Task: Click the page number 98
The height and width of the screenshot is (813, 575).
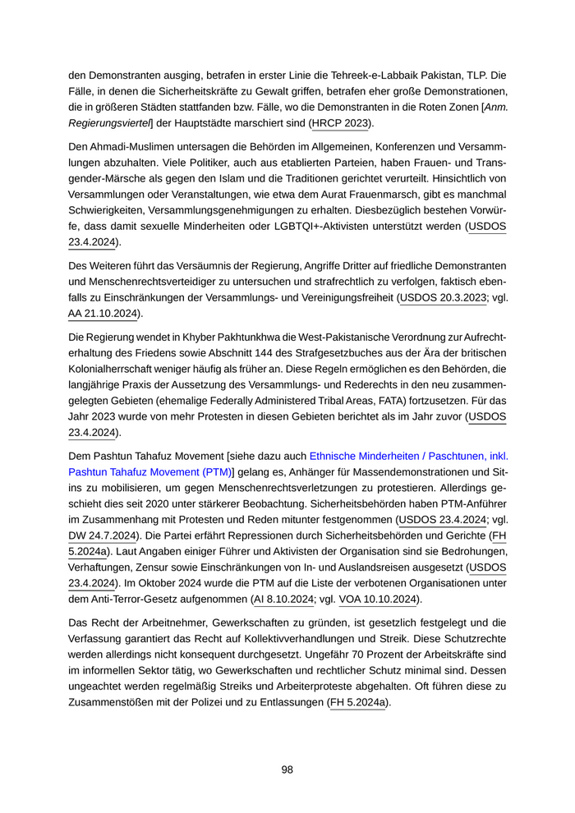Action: (x=287, y=769)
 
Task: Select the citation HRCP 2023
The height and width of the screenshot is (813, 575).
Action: (x=340, y=123)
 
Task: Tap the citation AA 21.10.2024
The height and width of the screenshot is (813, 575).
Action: (x=103, y=313)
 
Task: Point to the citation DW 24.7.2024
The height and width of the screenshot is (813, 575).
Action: (x=103, y=535)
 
